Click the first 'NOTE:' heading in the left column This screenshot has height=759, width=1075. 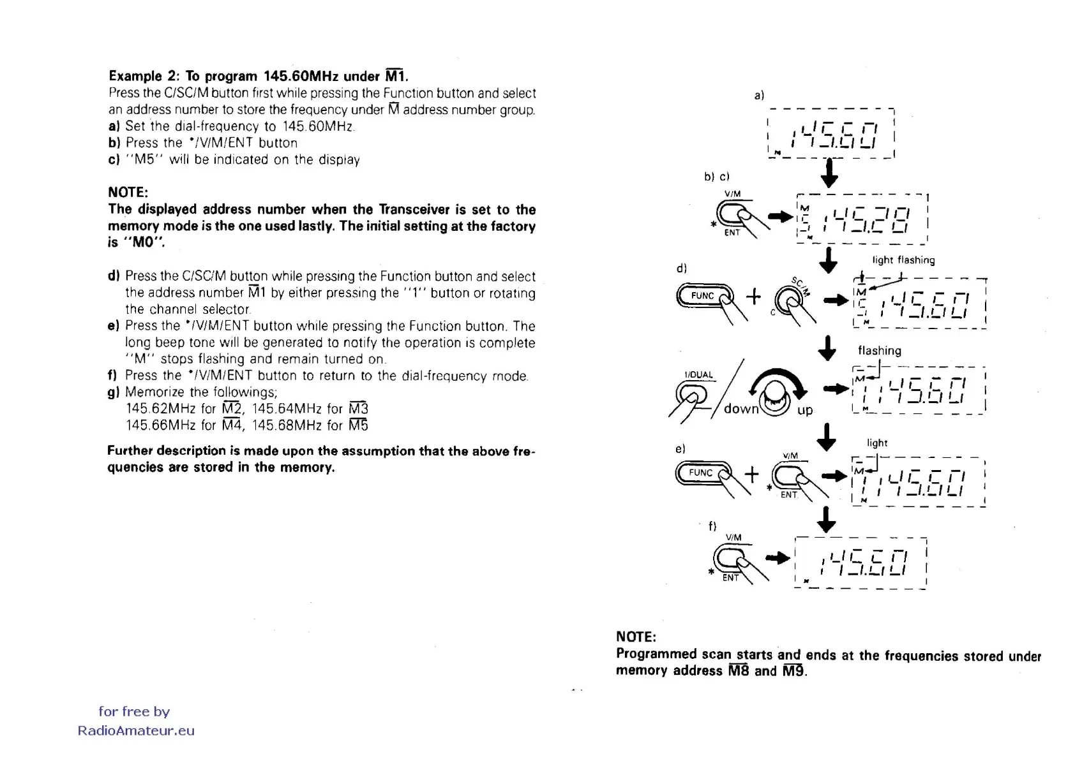click(128, 193)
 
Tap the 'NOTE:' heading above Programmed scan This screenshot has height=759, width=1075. click(636, 637)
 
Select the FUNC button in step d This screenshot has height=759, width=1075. click(703, 296)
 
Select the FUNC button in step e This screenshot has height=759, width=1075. click(701, 473)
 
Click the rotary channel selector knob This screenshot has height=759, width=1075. click(774, 394)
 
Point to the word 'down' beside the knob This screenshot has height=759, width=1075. click(740, 409)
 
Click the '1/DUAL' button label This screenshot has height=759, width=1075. click(698, 375)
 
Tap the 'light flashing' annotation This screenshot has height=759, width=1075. click(903, 260)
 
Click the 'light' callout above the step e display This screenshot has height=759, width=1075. click(876, 443)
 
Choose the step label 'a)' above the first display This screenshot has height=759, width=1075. click(759, 96)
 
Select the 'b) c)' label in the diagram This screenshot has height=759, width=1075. click(716, 177)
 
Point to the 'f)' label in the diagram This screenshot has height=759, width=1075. click(712, 526)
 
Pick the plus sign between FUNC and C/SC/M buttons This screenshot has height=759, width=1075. click(753, 296)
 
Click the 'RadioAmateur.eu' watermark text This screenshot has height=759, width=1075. click(136, 731)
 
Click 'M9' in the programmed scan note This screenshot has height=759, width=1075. click(793, 671)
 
